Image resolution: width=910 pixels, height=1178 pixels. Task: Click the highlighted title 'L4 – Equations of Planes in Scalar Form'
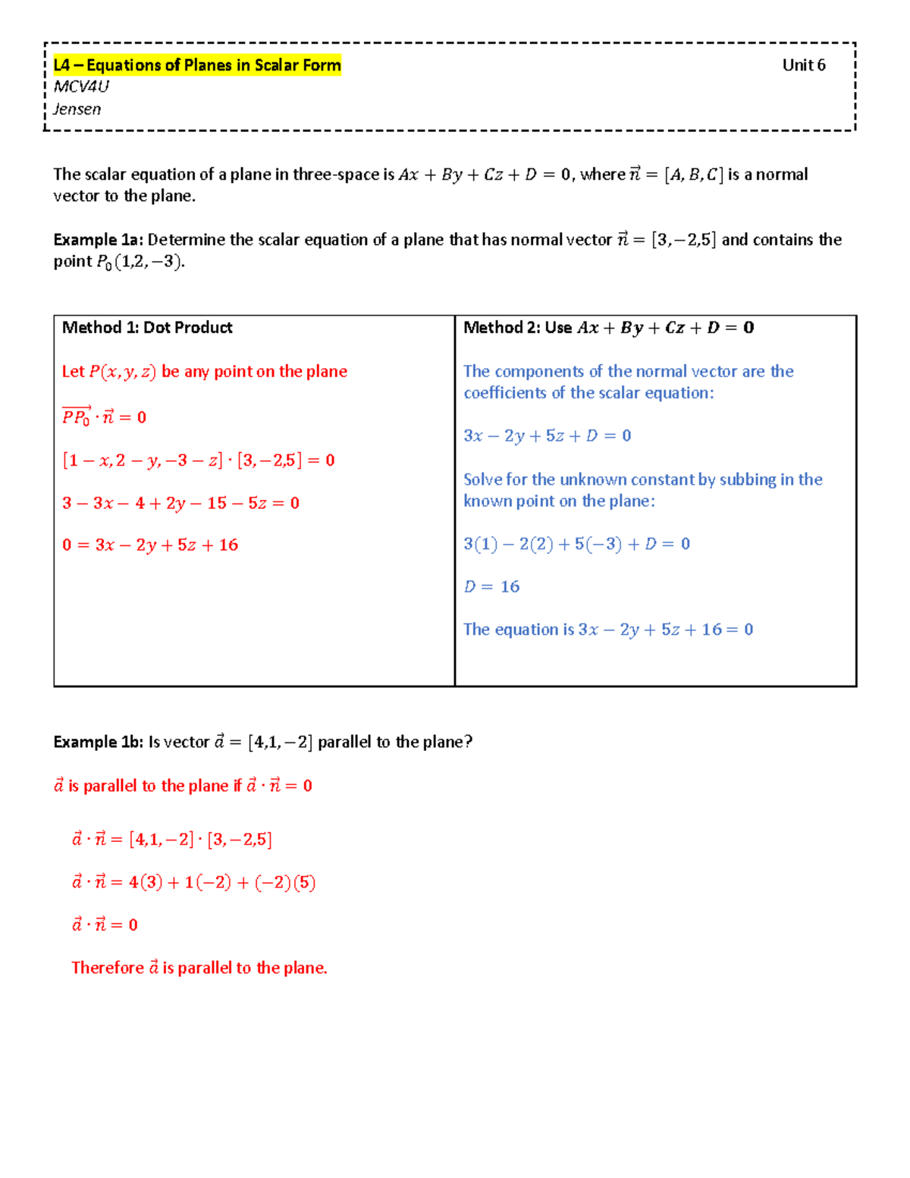click(197, 65)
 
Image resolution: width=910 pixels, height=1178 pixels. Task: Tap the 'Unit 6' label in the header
click(803, 65)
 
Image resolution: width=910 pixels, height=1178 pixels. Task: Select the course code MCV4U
click(81, 86)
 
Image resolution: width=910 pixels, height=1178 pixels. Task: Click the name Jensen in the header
click(77, 109)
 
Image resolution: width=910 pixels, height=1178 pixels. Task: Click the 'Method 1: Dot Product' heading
click(147, 328)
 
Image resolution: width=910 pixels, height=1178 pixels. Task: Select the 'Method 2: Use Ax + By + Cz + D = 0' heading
click(608, 328)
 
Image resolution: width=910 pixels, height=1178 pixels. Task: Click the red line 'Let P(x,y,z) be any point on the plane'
click(205, 372)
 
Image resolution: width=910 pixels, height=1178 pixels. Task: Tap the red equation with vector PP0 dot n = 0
click(104, 416)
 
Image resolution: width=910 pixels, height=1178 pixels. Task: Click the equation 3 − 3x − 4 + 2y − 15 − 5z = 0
click(180, 503)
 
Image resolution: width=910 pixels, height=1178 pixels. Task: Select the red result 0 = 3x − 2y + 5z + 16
click(150, 545)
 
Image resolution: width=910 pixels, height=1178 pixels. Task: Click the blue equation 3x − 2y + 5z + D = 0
click(547, 436)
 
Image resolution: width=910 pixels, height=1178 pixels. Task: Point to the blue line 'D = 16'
click(491, 587)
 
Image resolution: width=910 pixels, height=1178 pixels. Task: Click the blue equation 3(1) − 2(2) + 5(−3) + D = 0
click(576, 544)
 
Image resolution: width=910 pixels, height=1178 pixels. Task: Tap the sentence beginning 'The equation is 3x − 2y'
click(607, 630)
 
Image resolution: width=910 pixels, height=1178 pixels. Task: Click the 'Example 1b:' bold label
click(98, 742)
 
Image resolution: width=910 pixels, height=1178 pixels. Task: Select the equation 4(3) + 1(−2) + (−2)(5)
click(221, 882)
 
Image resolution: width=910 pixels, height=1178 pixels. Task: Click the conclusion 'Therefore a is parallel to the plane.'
click(199, 968)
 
